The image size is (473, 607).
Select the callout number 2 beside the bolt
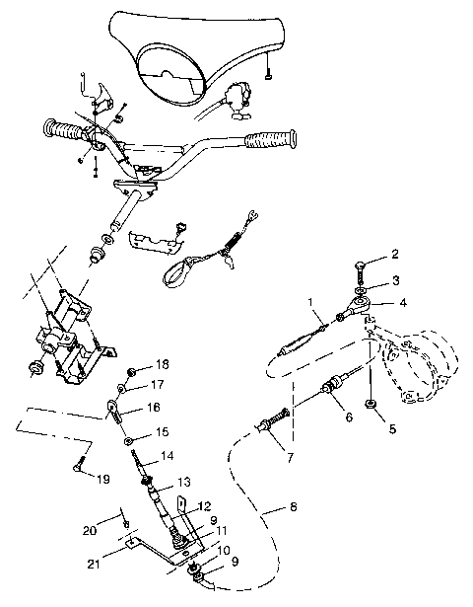pyautogui.click(x=395, y=254)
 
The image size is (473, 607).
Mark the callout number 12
pyautogui.click(x=205, y=506)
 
